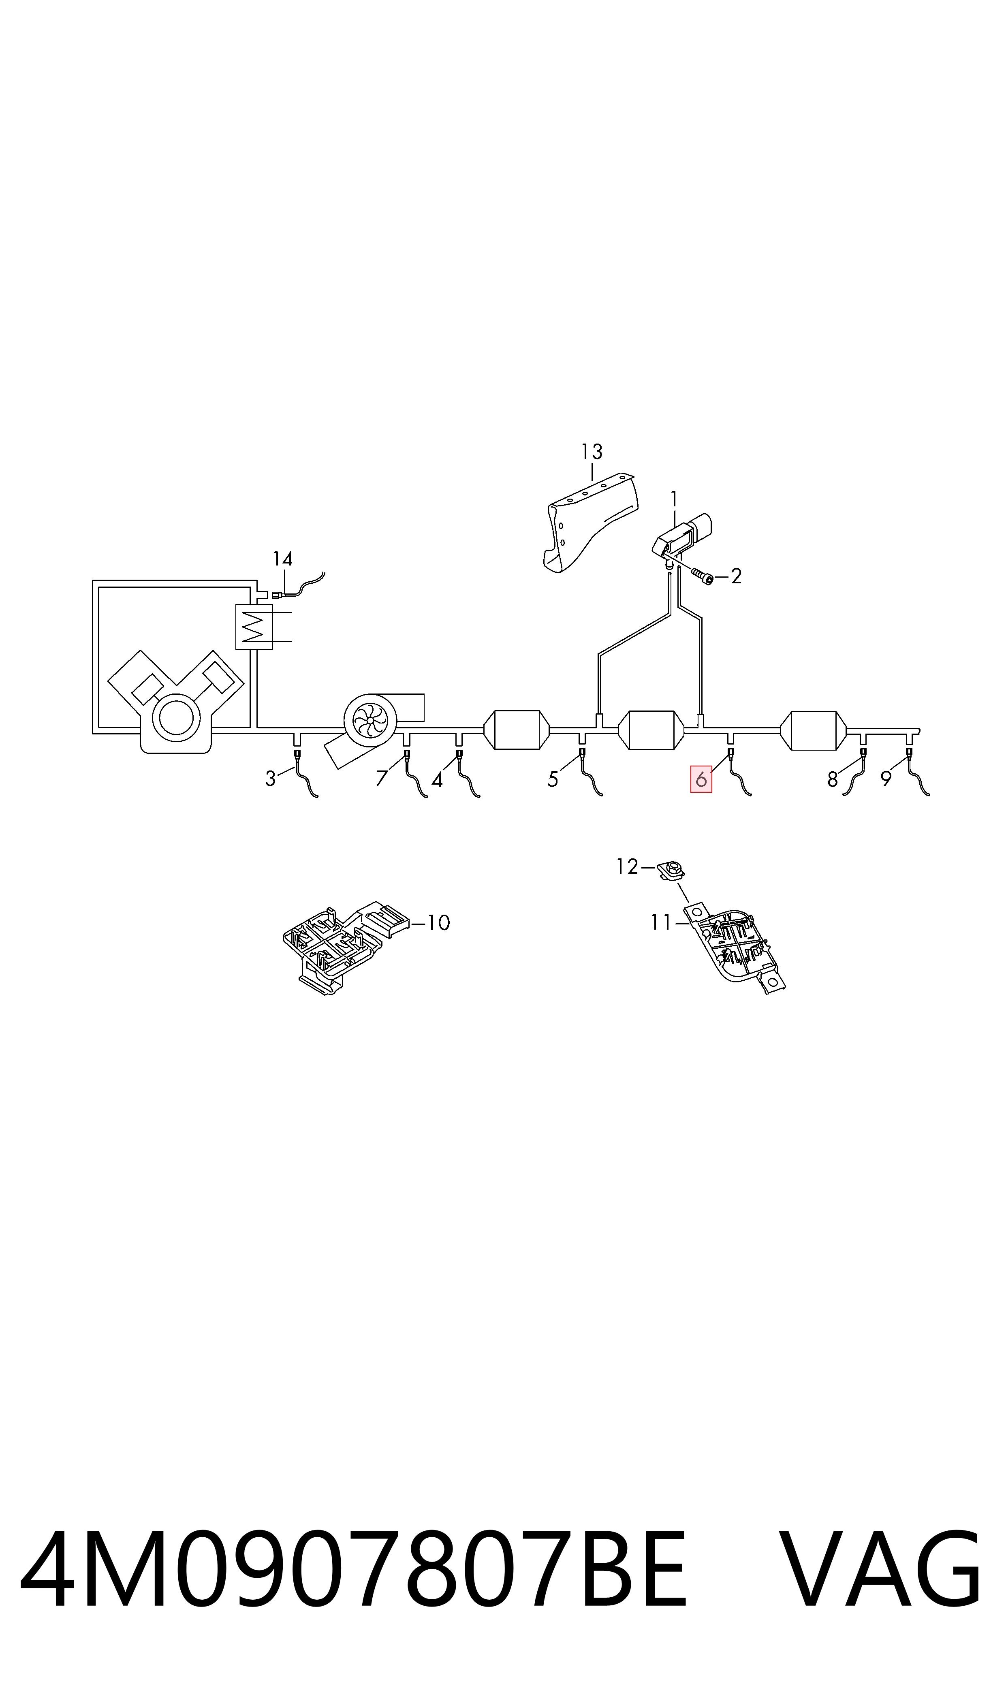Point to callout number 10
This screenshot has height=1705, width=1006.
pyautogui.click(x=439, y=923)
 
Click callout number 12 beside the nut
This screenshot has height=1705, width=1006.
pyautogui.click(x=627, y=867)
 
